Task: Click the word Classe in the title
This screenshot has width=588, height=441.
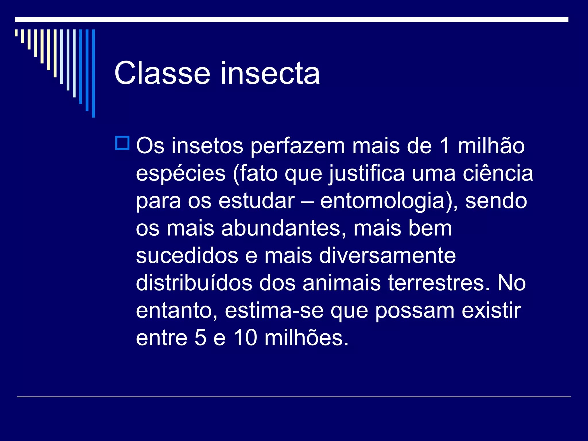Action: coord(162,73)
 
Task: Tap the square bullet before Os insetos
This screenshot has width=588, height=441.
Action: coord(122,143)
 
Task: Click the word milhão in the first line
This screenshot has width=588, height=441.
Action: coord(491,146)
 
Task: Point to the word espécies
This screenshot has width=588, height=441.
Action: coord(181,174)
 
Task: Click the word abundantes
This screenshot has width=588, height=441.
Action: coord(283,228)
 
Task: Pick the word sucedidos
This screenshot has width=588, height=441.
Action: coord(187,256)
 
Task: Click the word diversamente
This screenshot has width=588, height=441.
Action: coord(387,256)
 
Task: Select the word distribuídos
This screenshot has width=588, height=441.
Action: coord(194,283)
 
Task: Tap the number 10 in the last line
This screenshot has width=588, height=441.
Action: coord(245,338)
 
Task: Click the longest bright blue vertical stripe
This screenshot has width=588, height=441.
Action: coord(93,73)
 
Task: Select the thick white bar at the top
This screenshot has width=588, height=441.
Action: coord(291,20)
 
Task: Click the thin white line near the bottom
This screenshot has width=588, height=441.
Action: coord(294,397)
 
